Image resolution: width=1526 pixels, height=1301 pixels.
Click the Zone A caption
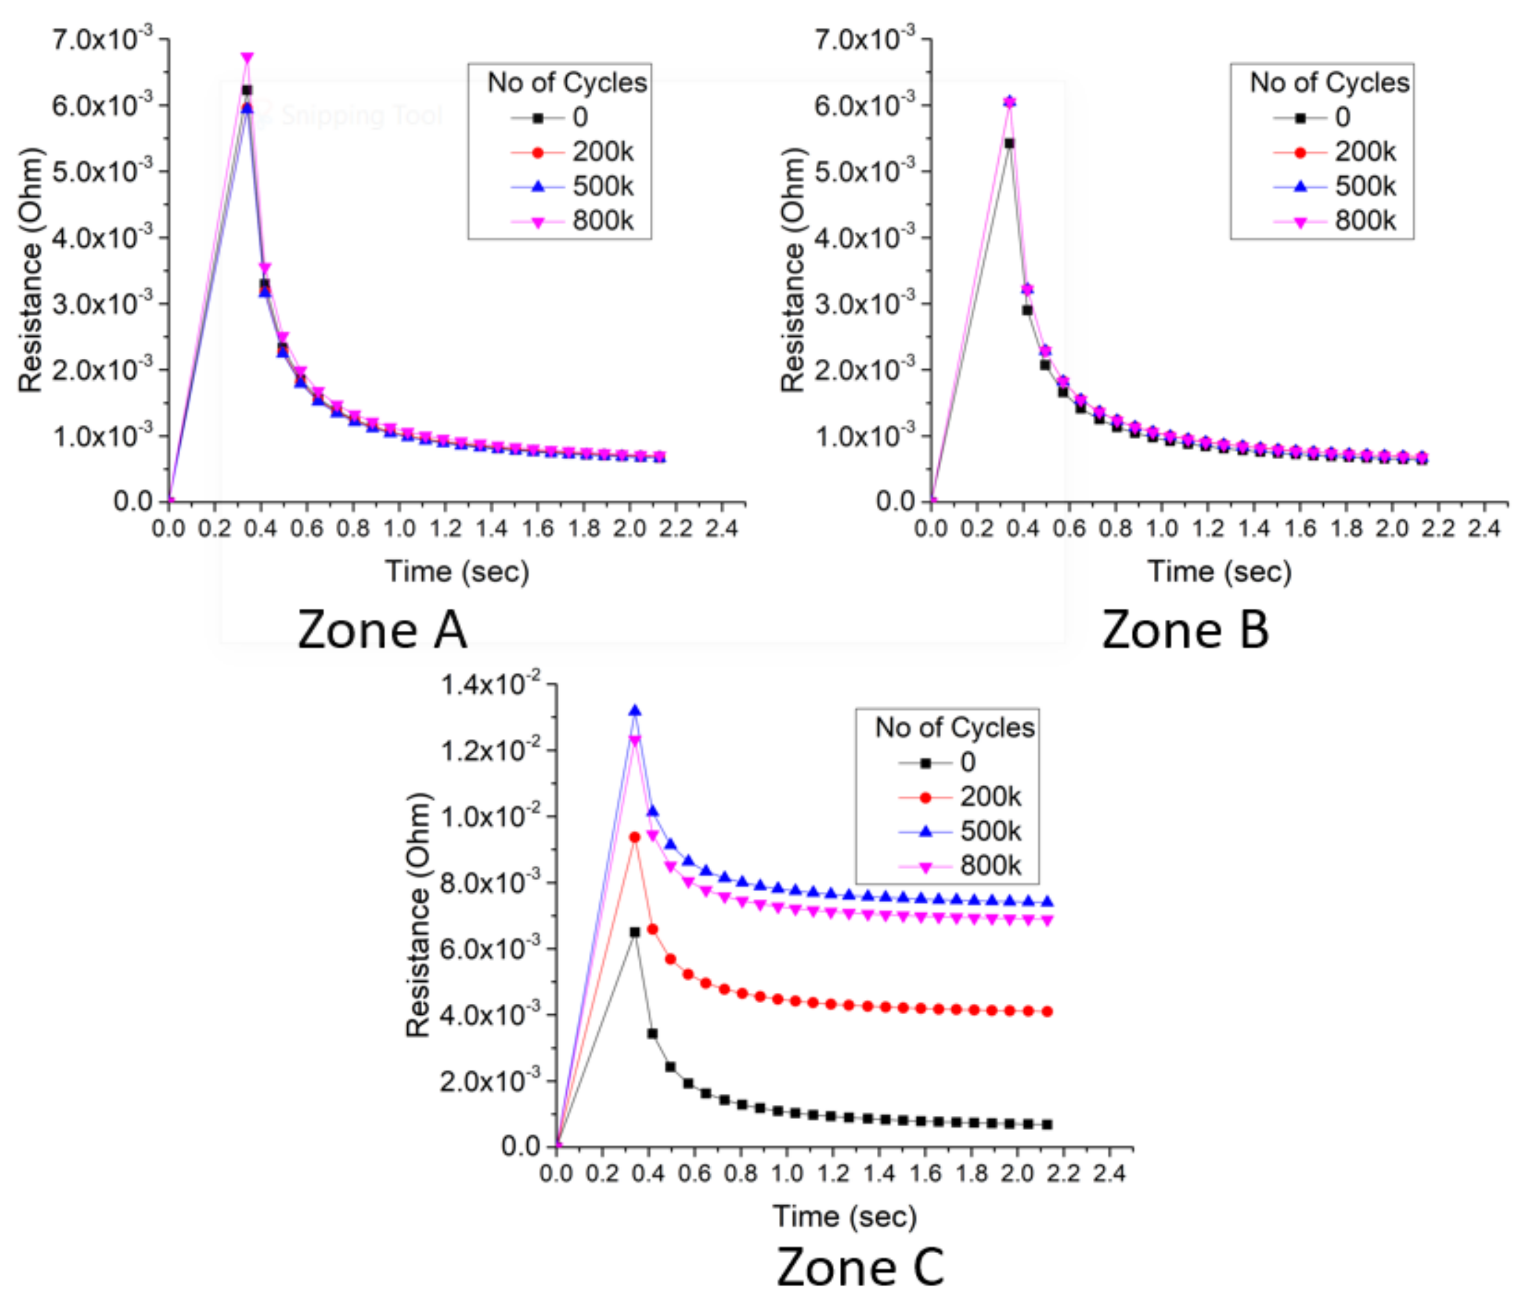pyautogui.click(x=381, y=630)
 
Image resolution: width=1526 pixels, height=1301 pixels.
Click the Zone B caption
pyautogui.click(x=1184, y=630)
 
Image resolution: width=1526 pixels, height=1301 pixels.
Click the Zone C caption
pyautogui.click(x=860, y=1267)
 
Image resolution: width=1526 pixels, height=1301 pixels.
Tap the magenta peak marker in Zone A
pyautogui.click(x=247, y=58)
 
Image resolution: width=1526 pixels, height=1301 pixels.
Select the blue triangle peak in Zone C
pyautogui.click(x=635, y=710)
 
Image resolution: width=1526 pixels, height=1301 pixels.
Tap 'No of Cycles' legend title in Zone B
pyautogui.click(x=1329, y=82)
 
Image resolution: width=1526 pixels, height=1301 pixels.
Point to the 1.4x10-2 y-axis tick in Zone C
pyautogui.click(x=490, y=684)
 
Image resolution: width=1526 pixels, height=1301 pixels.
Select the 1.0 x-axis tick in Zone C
pyautogui.click(x=787, y=1173)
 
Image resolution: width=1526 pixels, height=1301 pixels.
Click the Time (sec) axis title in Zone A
pyautogui.click(x=457, y=571)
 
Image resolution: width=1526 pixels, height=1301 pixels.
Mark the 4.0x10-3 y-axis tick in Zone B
pyautogui.click(x=865, y=238)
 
